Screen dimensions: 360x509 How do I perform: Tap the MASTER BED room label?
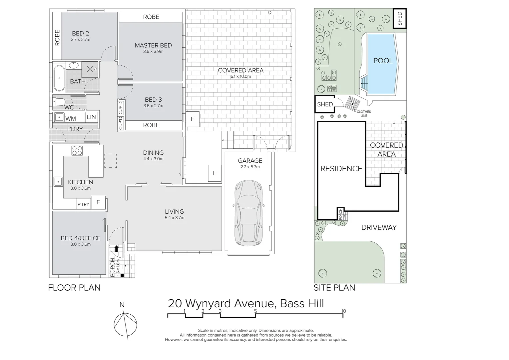(x=153, y=45)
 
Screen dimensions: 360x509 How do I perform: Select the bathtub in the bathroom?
(x=59, y=78)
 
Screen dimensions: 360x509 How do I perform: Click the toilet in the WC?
(x=59, y=102)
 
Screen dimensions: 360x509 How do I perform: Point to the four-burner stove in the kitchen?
(x=77, y=151)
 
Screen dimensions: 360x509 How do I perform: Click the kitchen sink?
(x=58, y=182)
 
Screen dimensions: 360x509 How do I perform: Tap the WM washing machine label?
(x=71, y=118)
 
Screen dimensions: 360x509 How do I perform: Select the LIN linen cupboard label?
(x=91, y=117)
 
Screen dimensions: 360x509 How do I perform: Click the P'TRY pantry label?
(x=83, y=204)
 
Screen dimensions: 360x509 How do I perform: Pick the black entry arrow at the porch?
(x=116, y=249)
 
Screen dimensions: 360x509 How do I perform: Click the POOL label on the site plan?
(x=383, y=61)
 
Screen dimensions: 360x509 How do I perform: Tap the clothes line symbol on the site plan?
(x=352, y=104)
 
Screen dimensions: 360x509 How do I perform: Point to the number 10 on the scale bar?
(x=343, y=311)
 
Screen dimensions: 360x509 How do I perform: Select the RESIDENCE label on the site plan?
(x=341, y=169)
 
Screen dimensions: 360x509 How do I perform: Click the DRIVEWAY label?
(x=379, y=227)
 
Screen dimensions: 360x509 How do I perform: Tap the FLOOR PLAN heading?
(x=74, y=287)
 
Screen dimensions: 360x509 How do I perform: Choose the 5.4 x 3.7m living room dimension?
(x=174, y=218)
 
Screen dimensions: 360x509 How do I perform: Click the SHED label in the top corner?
(x=400, y=19)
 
